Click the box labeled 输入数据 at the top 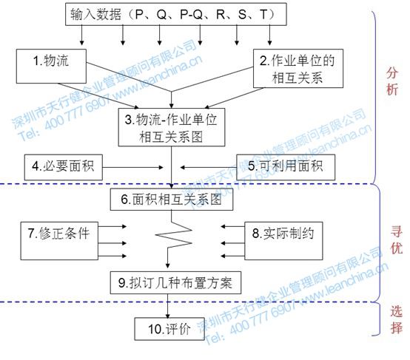coord(172,14)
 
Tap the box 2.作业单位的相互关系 coord(290,67)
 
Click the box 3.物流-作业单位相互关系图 coord(172,127)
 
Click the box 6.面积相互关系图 coord(172,200)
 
